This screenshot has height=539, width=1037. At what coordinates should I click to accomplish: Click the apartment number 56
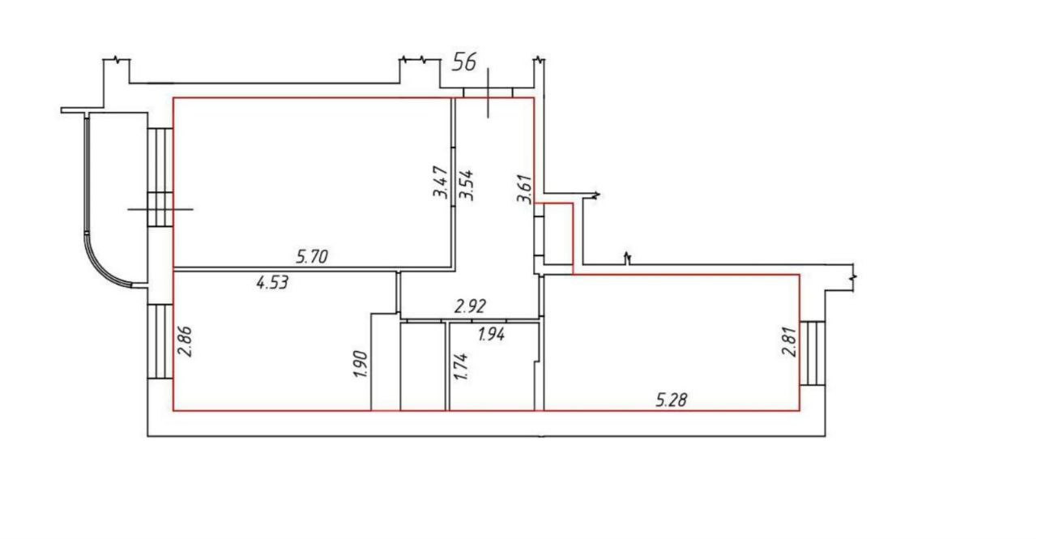464,62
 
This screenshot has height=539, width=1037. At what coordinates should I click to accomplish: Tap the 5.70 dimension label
312,256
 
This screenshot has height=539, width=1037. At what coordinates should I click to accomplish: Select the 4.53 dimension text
272,282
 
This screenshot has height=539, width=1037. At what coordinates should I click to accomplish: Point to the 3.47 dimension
440,182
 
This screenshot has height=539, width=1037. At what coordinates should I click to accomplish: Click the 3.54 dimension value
466,185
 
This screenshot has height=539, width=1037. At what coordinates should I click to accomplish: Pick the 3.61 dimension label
524,189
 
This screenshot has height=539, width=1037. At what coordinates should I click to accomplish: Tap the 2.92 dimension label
470,306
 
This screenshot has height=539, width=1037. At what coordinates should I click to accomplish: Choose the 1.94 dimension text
491,333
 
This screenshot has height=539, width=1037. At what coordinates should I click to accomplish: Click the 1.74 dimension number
462,367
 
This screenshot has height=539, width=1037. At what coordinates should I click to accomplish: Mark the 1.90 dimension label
361,365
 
